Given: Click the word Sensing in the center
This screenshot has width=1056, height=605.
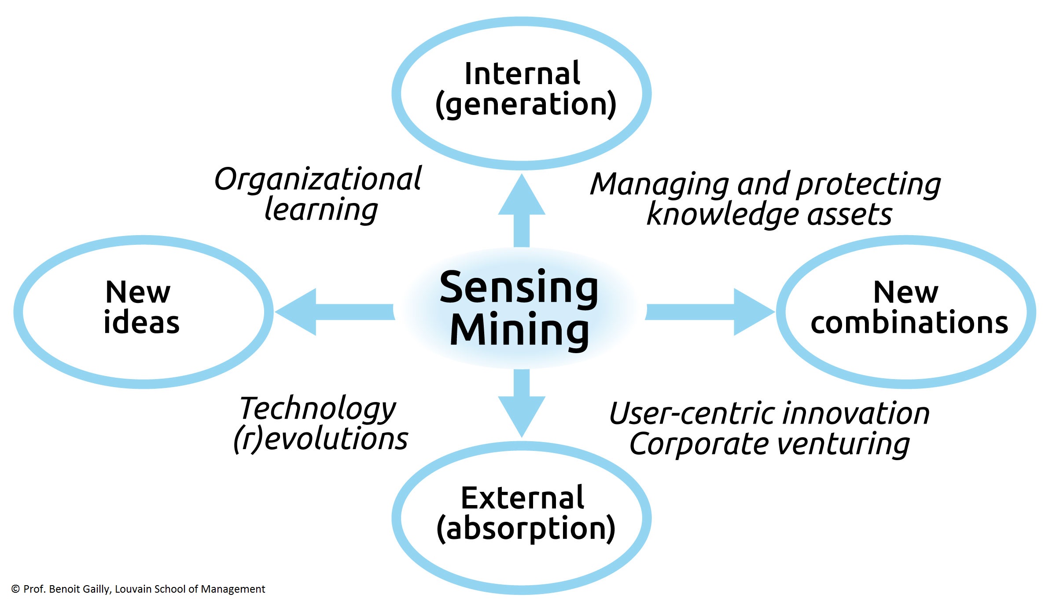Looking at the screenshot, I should pos(519,288).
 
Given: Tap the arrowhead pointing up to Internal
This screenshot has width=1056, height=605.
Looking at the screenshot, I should pos(522,196).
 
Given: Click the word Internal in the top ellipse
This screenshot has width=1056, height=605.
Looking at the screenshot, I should pos(522,74).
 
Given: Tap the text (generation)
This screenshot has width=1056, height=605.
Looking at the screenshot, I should pos(526,104).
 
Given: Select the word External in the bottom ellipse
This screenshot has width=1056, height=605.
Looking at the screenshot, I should pos(522,498).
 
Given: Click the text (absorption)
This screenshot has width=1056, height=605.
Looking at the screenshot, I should pos(526,529).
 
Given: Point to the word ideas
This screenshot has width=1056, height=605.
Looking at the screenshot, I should pos(141,322).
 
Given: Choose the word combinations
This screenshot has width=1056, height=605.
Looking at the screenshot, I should pos(909,322).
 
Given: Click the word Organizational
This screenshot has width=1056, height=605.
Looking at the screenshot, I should pos(318,180).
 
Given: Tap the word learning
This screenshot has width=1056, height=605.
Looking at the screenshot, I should pos(321,210).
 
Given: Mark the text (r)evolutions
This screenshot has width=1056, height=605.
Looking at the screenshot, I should pos(320,439).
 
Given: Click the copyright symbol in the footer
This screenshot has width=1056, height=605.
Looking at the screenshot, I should pos(15,589).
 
